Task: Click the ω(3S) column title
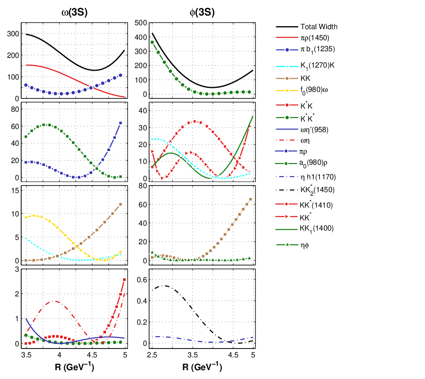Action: tap(75, 12)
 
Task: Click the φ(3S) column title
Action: tap(202, 12)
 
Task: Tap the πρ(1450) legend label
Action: tap(315, 38)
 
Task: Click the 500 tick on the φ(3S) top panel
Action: tap(141, 23)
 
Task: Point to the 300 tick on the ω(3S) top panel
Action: tap(13, 34)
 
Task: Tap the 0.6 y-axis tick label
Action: tap(142, 280)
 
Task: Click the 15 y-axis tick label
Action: tap(15, 190)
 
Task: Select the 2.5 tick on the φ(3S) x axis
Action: tap(152, 355)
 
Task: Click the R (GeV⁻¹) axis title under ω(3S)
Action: tap(75, 367)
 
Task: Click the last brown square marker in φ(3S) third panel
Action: tap(250, 199)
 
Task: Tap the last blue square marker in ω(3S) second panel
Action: tap(120, 123)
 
